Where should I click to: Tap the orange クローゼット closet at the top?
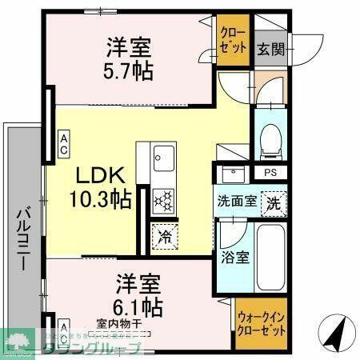[234, 39]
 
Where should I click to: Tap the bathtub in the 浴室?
[270, 258]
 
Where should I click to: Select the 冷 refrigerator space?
[165, 237]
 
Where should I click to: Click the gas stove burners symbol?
[163, 200]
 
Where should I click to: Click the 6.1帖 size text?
[139, 306]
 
